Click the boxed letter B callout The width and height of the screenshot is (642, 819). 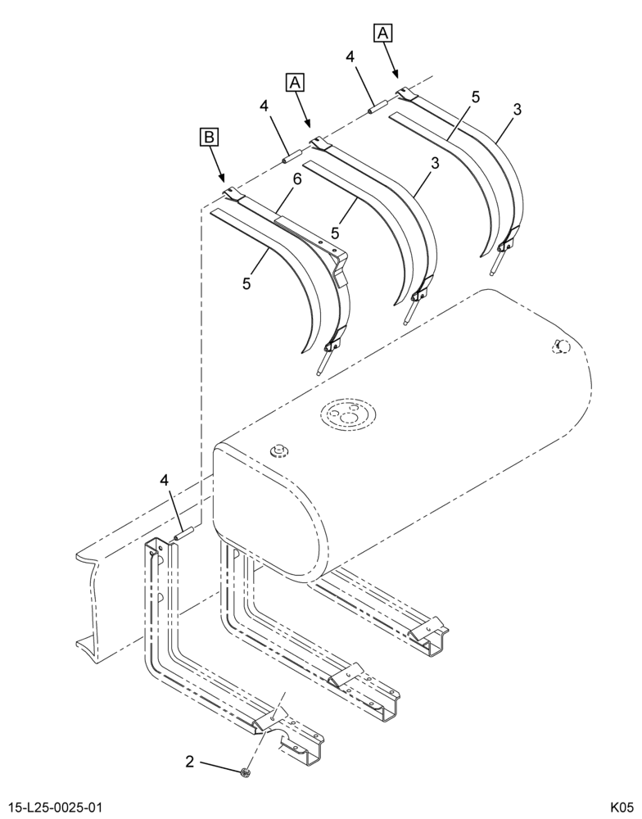coord(209,137)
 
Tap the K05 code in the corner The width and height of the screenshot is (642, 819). coord(622,806)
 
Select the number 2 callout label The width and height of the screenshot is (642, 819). coord(190,762)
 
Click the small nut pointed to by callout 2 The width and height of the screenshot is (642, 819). coord(245,772)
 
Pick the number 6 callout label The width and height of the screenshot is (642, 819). coord(296,179)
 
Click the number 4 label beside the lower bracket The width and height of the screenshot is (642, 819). coord(164,480)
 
